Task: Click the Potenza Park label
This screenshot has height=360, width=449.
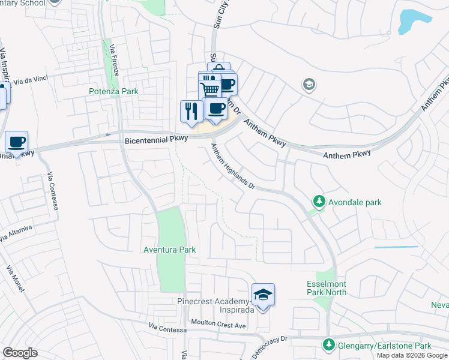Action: [113, 91]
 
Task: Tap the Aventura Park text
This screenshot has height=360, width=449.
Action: [170, 250]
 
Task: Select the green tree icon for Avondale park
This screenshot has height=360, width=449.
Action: [320, 202]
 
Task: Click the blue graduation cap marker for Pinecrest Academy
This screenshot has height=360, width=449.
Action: [262, 295]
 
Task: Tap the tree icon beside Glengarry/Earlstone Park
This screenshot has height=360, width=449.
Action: [328, 346]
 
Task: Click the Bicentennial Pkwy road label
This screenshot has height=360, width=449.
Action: [157, 139]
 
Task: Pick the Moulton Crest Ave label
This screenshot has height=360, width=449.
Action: [218, 325]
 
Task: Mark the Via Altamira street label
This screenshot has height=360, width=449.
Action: [16, 234]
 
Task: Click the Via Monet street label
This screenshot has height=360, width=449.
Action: [16, 278]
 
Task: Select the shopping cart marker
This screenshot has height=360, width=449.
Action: [210, 90]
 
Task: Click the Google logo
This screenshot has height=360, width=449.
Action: [20, 352]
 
